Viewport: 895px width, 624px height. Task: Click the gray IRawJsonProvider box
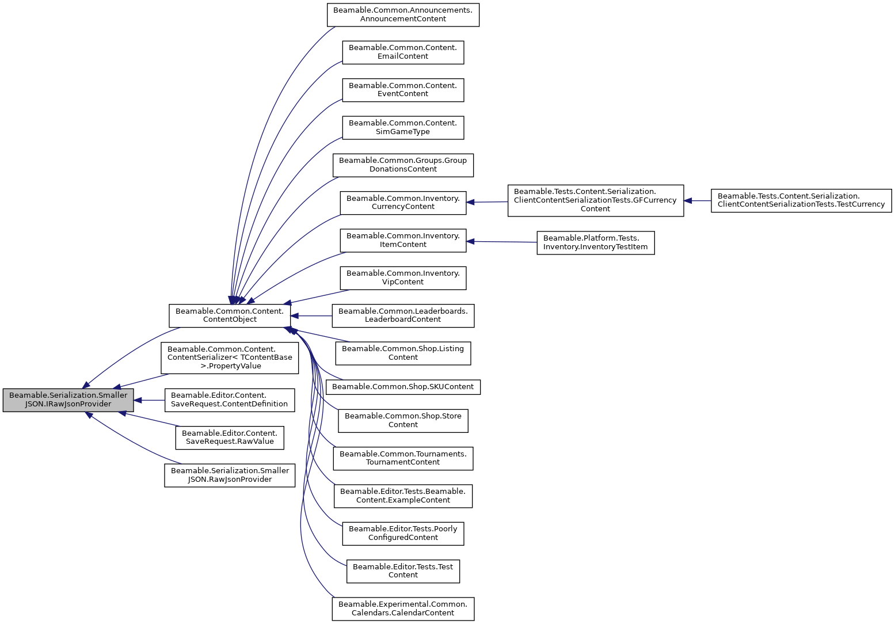(68, 400)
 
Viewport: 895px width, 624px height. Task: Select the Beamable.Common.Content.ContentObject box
(230, 315)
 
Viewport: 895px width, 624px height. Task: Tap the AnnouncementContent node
(403, 15)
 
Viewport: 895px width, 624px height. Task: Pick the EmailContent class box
(403, 52)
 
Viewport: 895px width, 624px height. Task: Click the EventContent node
(403, 90)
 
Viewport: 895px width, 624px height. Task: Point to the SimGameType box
(403, 127)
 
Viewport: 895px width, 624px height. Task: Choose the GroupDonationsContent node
(403, 165)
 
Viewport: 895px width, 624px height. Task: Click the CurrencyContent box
(403, 203)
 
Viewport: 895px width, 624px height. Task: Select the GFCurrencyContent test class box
(595, 200)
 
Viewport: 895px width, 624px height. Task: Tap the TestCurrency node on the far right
(801, 200)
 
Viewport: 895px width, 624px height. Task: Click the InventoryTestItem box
(595, 243)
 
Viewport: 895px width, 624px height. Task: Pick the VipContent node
(403, 278)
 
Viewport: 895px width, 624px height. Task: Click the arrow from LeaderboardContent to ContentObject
(311, 315)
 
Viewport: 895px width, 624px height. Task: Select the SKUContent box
(403, 387)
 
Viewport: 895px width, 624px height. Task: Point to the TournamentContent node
(403, 458)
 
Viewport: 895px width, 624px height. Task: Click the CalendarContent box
(403, 609)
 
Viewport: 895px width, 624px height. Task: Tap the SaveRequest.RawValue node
(230, 437)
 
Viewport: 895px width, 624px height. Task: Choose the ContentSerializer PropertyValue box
(230, 357)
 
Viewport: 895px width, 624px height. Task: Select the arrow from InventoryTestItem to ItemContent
(501, 242)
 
